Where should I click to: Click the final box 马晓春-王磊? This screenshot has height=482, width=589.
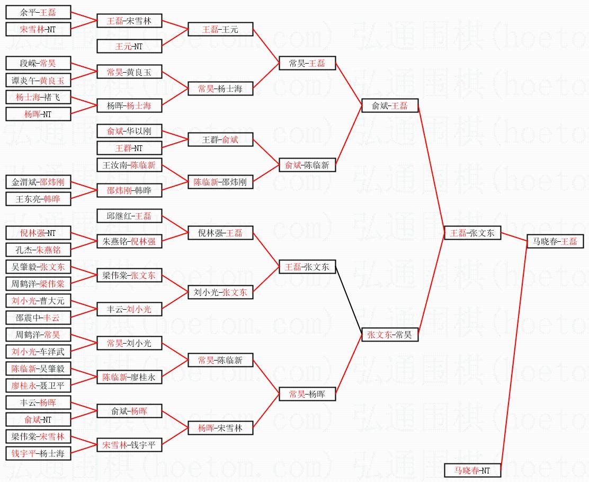pos(554,241)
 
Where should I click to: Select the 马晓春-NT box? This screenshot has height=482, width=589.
pos(472,470)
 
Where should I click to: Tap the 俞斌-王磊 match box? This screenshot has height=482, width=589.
pos(390,106)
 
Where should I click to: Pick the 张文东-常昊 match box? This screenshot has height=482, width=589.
pos(390,335)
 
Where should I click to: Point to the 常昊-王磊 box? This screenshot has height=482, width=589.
pos(307,64)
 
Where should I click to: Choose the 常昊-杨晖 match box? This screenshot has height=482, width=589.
pos(307,394)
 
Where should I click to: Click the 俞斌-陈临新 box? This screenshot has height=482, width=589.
pos(307,165)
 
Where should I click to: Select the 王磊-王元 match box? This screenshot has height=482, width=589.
pos(220,29)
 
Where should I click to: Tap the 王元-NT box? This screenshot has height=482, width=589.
pos(129,46)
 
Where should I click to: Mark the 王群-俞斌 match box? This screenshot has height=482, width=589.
pos(220,140)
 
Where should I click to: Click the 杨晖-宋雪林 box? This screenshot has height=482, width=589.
pos(220,428)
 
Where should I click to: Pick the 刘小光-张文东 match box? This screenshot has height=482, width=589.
pos(220,292)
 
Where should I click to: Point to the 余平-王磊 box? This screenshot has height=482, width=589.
pos(38,12)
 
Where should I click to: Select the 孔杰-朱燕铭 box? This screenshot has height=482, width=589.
pos(38,250)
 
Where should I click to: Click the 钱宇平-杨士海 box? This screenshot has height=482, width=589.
pos(38,453)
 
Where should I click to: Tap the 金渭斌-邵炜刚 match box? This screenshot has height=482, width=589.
pos(38,182)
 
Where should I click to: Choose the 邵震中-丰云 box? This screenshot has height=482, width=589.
pos(38,318)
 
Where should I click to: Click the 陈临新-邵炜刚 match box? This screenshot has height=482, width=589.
pos(220,182)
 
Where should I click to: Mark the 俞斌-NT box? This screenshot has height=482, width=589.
pos(38,419)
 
